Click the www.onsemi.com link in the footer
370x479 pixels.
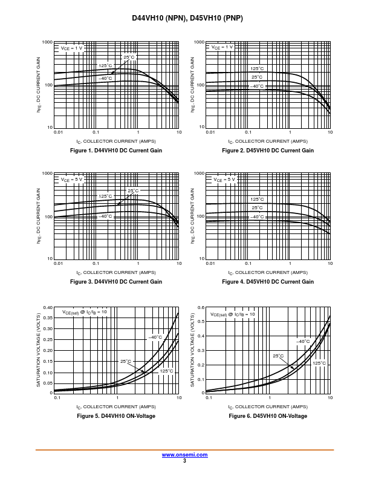point(184,455)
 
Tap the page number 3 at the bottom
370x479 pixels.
point(184,461)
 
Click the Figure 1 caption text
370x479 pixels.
point(116,151)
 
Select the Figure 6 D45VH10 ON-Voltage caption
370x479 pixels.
point(268,415)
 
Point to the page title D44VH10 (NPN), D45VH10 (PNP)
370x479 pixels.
point(187,18)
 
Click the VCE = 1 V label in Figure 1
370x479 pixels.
point(71,48)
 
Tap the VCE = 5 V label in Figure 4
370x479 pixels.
point(224,180)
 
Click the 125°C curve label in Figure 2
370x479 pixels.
point(257,68)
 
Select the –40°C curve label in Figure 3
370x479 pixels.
point(105,217)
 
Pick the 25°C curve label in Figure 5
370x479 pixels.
point(126,361)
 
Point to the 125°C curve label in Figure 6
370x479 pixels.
point(319,363)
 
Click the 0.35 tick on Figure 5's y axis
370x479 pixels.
point(48,318)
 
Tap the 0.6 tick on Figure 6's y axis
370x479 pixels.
point(201,307)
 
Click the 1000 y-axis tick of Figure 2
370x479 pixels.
point(200,42)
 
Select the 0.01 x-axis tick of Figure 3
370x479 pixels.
point(58,263)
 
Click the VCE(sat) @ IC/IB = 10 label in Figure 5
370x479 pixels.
point(85,312)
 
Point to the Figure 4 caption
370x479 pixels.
point(268,282)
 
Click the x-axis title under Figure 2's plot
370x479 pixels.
point(268,142)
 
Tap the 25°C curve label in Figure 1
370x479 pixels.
point(129,57)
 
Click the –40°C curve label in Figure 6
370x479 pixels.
point(303,341)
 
